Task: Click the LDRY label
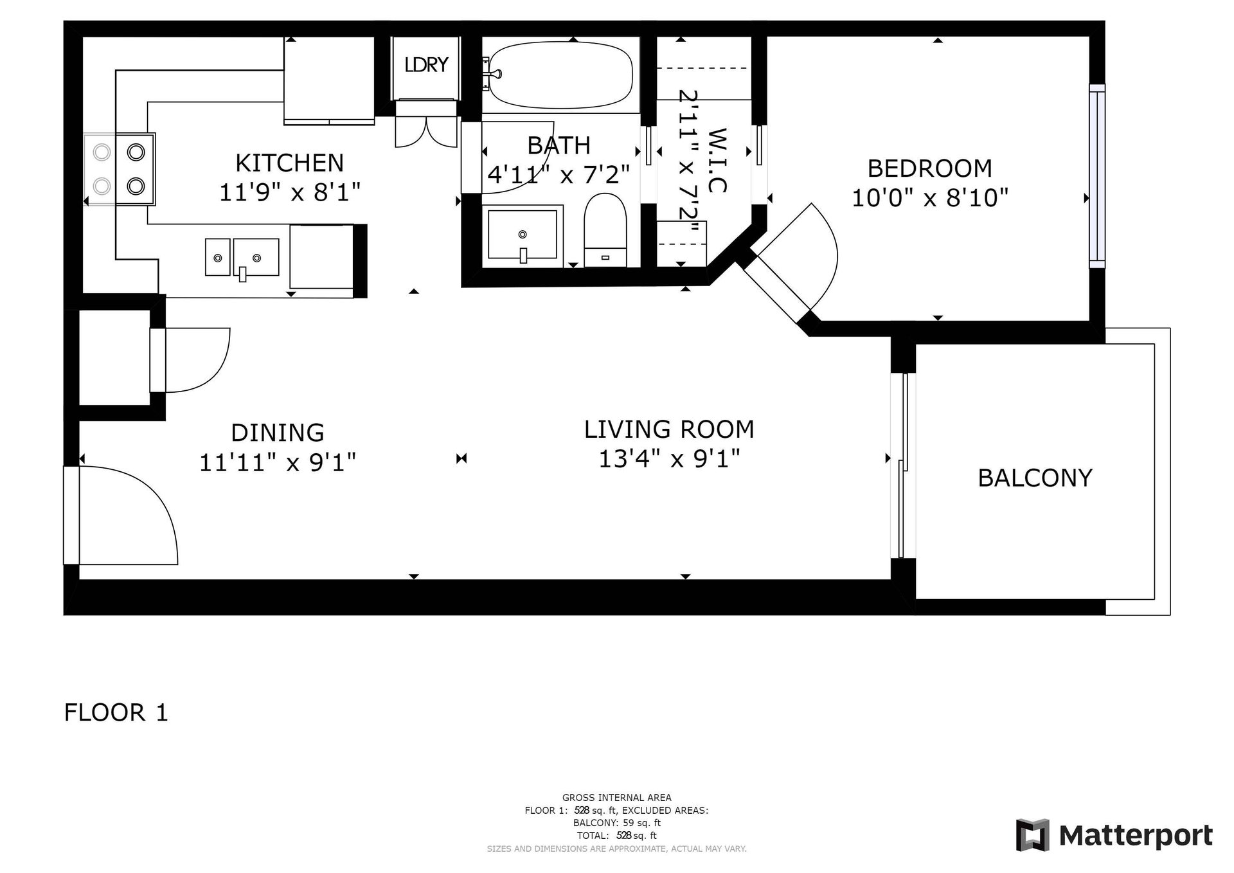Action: (x=426, y=64)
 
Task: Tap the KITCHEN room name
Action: (x=289, y=163)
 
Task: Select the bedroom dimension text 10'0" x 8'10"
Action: (x=929, y=197)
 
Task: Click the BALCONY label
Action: (x=1035, y=478)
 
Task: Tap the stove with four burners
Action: (x=120, y=169)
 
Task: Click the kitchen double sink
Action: (x=242, y=257)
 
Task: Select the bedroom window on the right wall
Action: (x=1097, y=175)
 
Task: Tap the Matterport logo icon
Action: (x=1032, y=835)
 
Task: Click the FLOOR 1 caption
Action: (x=116, y=713)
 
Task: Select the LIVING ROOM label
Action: (x=669, y=429)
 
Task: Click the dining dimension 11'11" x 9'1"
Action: (x=278, y=462)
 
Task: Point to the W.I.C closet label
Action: (x=717, y=160)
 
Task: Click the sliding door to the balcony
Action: (x=902, y=465)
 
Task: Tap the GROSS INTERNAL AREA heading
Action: (x=616, y=798)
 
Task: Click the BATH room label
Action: (x=559, y=145)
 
